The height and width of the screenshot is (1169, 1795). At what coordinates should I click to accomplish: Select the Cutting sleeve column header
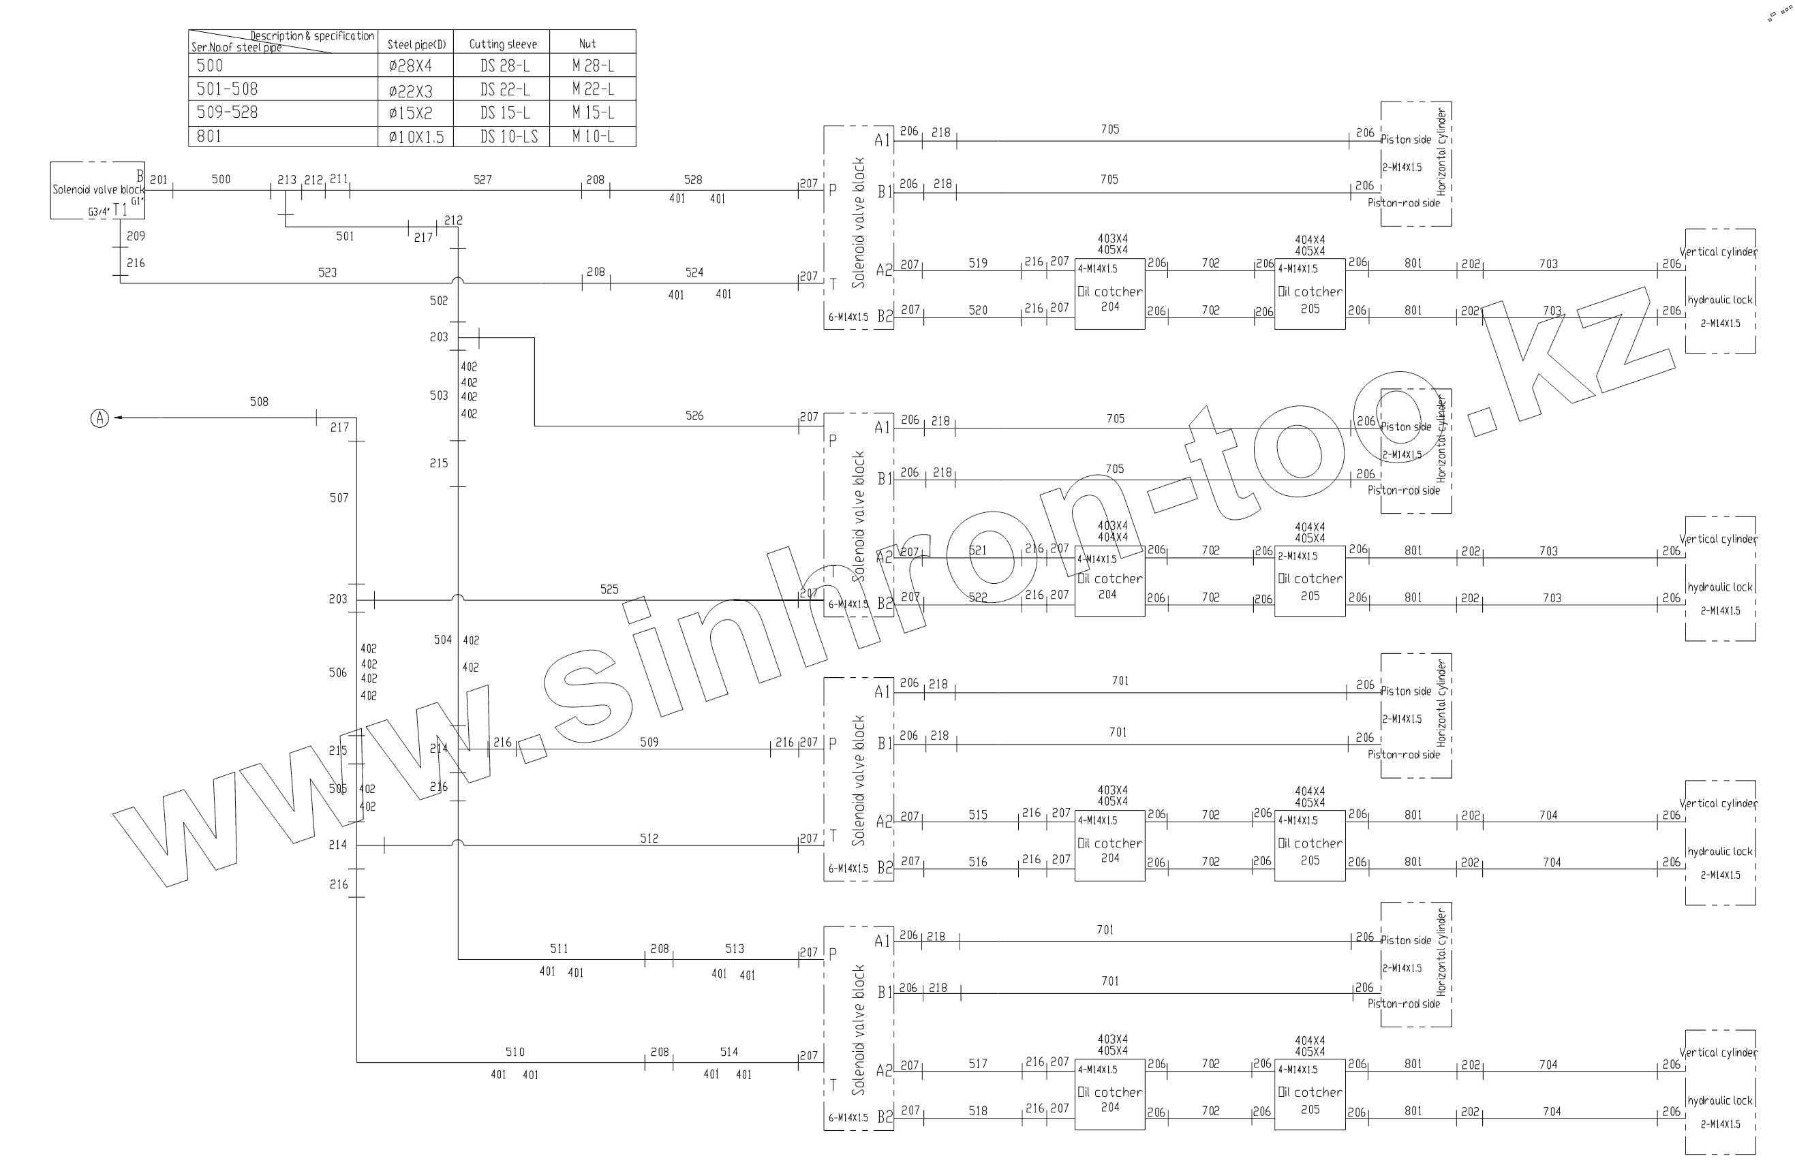click(502, 44)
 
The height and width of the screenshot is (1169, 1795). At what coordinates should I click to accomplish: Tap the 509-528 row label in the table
click(227, 112)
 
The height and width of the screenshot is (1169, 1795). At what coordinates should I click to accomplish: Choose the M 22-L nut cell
click(593, 89)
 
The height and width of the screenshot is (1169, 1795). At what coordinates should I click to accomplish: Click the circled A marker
click(99, 418)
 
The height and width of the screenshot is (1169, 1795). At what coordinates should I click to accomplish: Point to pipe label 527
click(482, 179)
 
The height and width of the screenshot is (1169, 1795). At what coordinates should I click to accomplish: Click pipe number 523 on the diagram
click(327, 272)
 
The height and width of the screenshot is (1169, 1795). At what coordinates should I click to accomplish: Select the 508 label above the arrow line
click(259, 402)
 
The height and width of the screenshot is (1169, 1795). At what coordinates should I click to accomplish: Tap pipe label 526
click(694, 416)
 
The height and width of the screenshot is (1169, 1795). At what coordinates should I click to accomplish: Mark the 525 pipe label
click(609, 589)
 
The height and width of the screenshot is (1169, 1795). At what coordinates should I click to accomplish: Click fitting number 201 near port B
click(158, 179)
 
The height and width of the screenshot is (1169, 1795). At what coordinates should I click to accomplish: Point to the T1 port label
click(120, 211)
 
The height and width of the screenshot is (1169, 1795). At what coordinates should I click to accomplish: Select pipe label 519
click(977, 263)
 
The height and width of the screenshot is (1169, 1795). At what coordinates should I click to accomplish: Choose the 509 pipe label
click(649, 742)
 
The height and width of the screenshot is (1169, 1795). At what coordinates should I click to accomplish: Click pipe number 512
click(649, 838)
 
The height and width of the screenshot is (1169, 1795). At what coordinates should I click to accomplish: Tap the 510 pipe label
click(515, 1053)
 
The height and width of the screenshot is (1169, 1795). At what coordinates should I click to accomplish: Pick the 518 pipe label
click(977, 1110)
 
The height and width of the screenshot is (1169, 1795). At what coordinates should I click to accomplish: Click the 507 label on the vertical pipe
click(339, 497)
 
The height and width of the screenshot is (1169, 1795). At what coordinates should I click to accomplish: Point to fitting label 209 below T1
click(136, 236)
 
